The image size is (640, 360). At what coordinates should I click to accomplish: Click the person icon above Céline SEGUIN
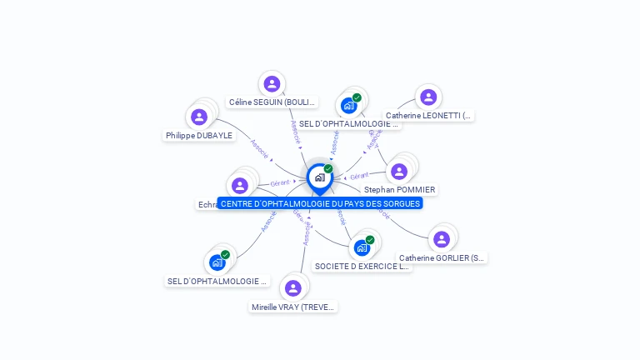coord(272,83)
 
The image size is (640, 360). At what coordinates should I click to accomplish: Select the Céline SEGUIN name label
coord(272,102)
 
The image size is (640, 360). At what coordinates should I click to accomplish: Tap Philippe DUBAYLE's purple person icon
coord(199,117)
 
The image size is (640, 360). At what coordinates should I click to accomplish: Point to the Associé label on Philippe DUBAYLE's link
coord(259,148)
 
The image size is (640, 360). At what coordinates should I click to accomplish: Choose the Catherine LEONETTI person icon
coord(428,97)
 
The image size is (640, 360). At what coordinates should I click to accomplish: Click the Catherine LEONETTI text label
coord(428,116)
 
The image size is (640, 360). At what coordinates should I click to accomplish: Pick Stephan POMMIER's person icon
coord(399,172)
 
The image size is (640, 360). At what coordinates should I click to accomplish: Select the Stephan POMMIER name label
coord(400,190)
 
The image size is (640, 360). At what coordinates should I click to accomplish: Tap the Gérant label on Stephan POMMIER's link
coord(359,176)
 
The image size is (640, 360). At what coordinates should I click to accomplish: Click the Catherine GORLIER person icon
coord(442,239)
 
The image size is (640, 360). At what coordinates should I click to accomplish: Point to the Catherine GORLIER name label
coord(442,258)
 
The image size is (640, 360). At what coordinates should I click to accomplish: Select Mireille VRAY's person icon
coord(292,288)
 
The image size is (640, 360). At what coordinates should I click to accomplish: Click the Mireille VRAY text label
coord(293,307)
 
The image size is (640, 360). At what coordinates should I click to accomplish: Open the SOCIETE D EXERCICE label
coord(362,267)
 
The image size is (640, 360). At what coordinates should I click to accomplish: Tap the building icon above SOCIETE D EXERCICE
coord(361,247)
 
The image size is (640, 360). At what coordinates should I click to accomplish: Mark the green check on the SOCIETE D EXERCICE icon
coord(370,240)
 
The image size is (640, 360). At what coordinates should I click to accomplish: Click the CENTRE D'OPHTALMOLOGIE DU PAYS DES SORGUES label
coord(320,203)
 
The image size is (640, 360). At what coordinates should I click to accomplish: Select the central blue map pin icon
coord(319,177)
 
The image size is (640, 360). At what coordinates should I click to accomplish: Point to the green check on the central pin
coord(328,169)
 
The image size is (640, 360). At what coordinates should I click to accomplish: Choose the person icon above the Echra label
coord(240,186)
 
